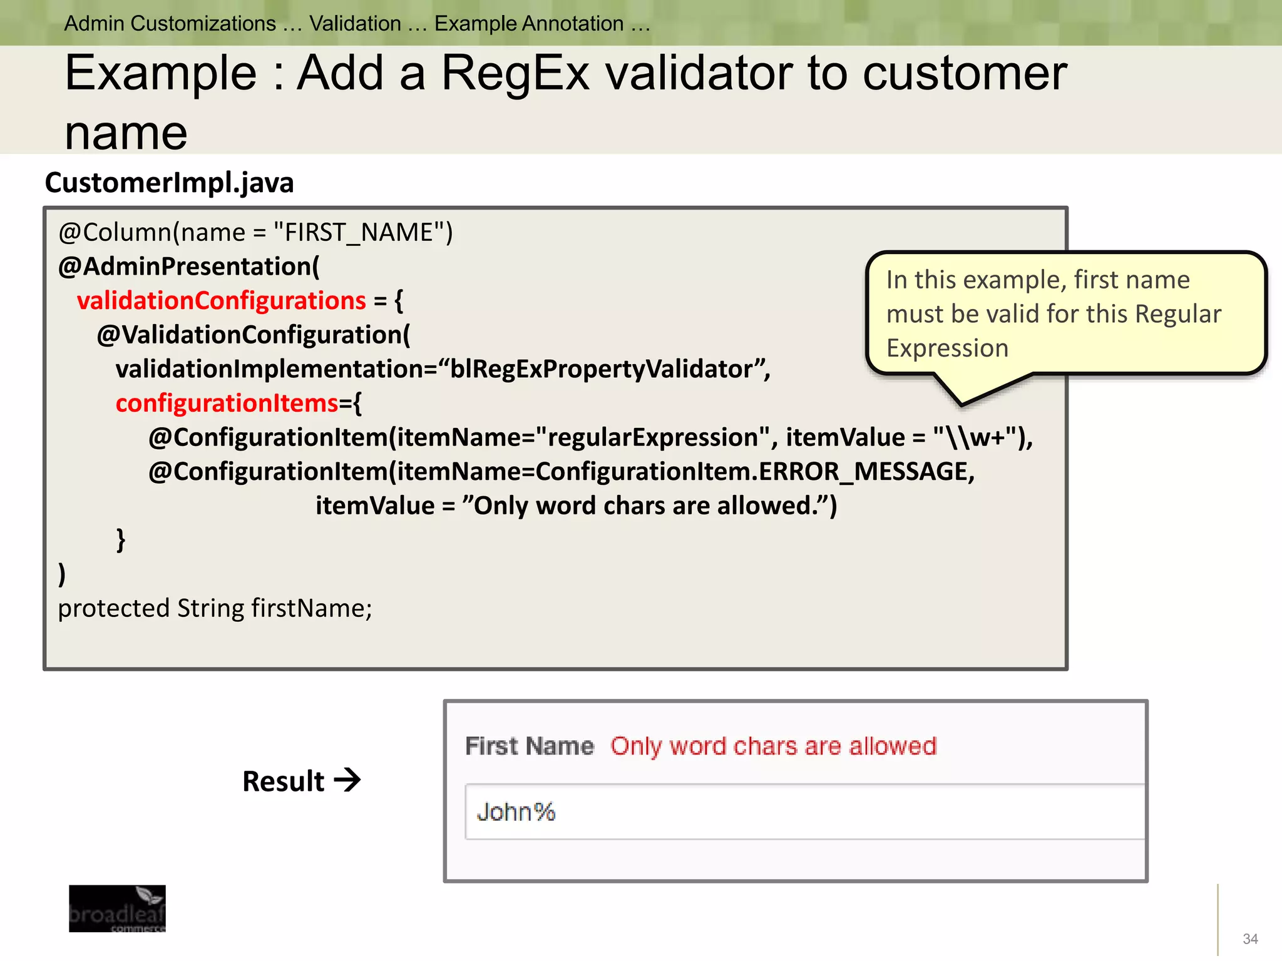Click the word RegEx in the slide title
pos(515,74)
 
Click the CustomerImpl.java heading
pos(169,183)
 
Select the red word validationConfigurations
pos(221,301)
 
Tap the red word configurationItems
pos(227,404)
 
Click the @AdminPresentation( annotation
pos(188,267)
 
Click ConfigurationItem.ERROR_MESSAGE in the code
pos(755,472)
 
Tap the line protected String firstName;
pos(215,608)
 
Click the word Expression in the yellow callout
pos(947,348)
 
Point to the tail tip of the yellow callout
pos(961,405)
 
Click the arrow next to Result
pos(347,780)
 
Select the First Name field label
pos(529,746)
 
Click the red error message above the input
pos(773,746)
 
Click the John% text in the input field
pos(516,812)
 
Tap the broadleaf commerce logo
pos(117,908)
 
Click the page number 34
pos(1250,938)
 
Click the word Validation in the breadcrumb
pos(355,24)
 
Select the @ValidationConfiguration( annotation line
pos(253,335)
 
